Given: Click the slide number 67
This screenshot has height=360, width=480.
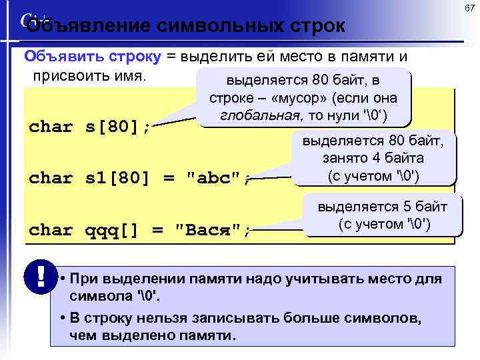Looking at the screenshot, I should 469,8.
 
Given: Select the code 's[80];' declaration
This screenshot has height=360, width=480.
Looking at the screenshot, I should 117,127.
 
